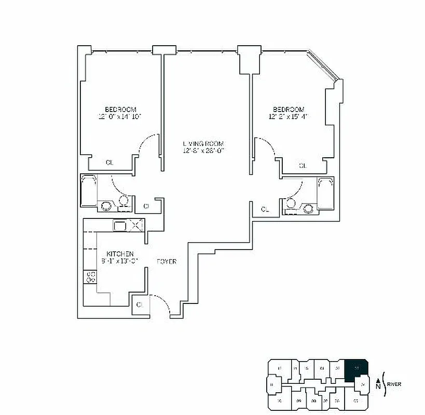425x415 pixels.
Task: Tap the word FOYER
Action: click(167, 261)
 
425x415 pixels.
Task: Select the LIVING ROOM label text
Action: click(203, 144)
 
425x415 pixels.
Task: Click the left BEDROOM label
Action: click(120, 109)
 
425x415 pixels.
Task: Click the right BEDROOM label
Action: click(289, 109)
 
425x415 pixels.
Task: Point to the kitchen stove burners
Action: click(90, 276)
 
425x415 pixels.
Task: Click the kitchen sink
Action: click(120, 226)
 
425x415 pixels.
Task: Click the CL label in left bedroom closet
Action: click(109, 162)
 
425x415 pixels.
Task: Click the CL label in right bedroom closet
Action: click(303, 166)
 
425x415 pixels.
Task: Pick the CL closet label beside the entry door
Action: click(140, 305)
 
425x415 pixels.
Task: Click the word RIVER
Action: click(394, 384)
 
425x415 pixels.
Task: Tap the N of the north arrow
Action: click(377, 385)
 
